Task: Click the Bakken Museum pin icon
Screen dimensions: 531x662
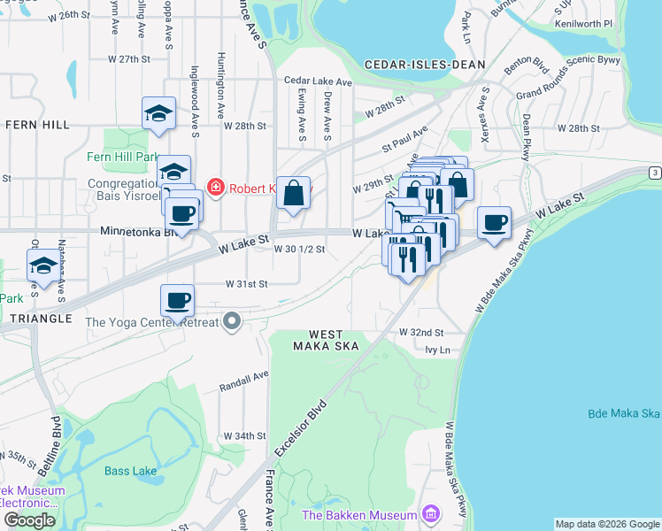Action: click(430, 514)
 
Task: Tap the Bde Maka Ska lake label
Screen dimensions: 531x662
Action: click(623, 414)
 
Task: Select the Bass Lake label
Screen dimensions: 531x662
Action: click(130, 471)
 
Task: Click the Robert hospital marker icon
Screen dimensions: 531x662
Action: click(214, 187)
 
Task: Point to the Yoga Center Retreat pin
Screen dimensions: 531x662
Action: click(232, 321)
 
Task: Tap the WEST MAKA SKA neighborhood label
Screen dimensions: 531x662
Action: click(326, 339)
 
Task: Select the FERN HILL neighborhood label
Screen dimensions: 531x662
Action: click(37, 126)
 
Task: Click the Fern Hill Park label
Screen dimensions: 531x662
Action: click(121, 158)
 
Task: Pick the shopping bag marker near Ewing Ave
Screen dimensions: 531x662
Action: click(293, 192)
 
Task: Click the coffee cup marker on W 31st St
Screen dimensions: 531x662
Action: click(177, 300)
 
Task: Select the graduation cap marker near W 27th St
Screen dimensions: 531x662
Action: click(158, 112)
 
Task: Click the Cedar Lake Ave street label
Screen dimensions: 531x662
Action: click(318, 81)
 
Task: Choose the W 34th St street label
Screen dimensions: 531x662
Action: click(244, 436)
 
